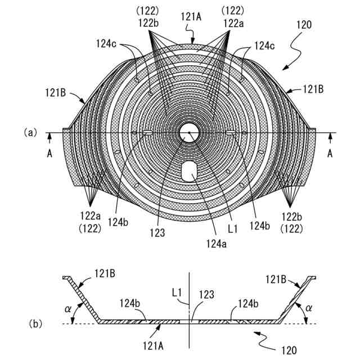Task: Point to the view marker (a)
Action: point(30,133)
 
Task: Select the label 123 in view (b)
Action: point(206,294)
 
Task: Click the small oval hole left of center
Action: point(147,133)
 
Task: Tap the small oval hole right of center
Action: point(231,133)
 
